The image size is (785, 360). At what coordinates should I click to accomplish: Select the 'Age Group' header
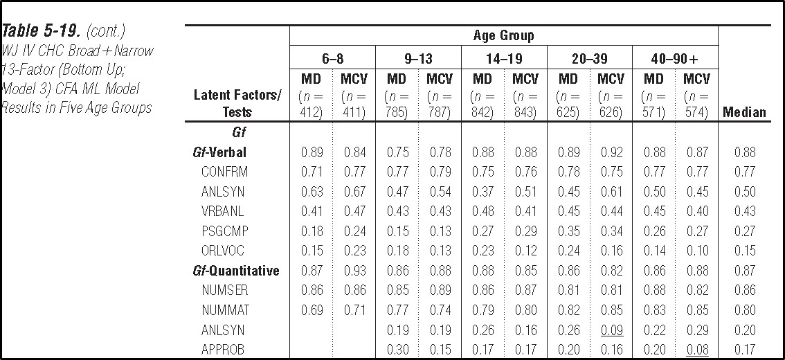pos(503,35)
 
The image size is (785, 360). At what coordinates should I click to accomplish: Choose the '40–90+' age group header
pos(675,57)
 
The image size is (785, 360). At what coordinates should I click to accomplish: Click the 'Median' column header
pos(744,112)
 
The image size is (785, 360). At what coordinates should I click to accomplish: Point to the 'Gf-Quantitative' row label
pos(236,271)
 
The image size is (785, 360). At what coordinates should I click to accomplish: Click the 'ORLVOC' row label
pos(223,251)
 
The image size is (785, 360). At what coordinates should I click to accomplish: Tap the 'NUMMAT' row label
pos(224,310)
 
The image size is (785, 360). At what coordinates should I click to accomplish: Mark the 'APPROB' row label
pos(223,350)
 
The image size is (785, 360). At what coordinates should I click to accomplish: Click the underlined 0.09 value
pos(611,330)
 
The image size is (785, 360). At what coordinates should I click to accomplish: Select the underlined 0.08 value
pos(696,350)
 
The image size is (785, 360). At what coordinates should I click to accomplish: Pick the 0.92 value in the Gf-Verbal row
pos(611,152)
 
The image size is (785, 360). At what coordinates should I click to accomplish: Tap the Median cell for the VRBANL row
pos(744,211)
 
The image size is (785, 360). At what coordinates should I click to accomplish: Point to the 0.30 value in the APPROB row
pos(396,350)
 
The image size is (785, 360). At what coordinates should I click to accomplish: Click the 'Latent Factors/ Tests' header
pos(237,104)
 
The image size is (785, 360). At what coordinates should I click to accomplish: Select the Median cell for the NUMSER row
pos(744,291)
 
